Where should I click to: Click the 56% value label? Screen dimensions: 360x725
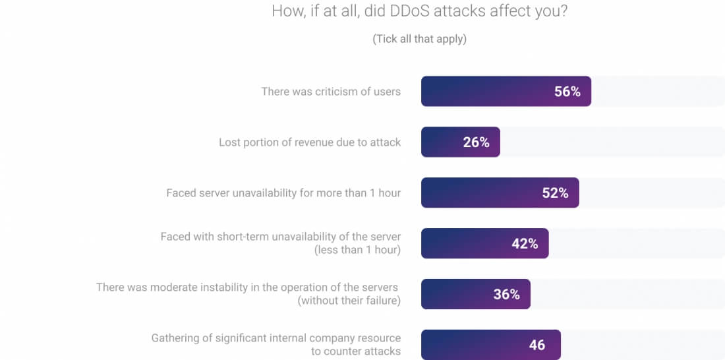point(567,92)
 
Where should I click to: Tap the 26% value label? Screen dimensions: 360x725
point(476,142)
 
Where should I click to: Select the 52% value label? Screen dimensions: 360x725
point(555,193)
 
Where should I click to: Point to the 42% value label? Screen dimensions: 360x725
point(525,244)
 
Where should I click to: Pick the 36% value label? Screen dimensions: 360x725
point(506,295)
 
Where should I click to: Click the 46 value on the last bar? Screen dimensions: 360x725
point(536,345)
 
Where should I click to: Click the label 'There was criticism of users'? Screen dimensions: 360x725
point(331,92)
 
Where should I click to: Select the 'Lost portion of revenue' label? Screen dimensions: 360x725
point(310,142)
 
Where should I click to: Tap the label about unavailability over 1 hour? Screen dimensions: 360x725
point(283,193)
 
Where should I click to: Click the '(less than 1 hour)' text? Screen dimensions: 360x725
point(358,250)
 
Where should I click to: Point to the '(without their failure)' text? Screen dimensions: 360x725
point(349,301)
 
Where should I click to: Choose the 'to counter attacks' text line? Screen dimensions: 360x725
point(356,351)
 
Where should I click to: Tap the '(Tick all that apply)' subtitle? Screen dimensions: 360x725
point(420,39)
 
